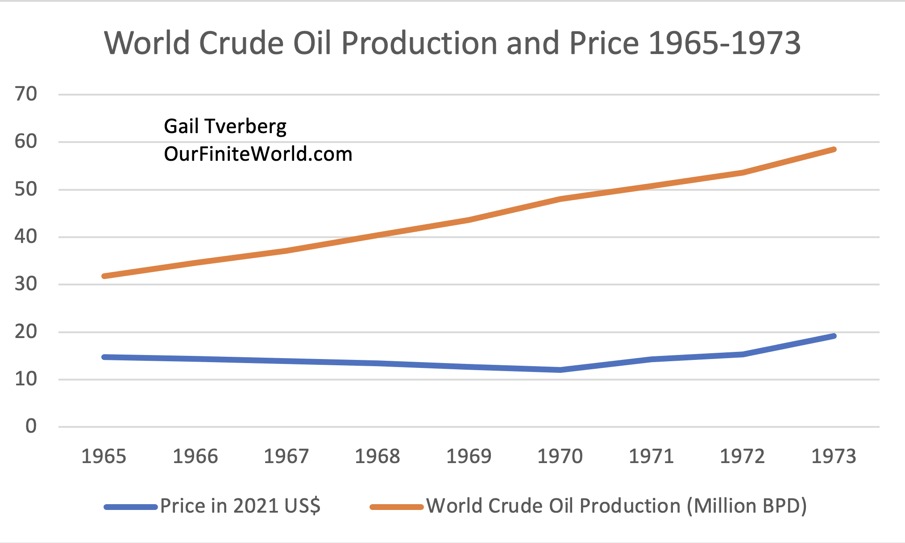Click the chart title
coord(452,43)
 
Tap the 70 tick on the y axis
coord(26,94)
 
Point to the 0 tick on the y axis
coord(31,426)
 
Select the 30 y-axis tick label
coord(26,284)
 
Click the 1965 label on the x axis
coord(104,456)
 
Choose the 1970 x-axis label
coord(560,456)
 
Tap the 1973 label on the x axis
coord(834,456)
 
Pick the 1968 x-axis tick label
coord(378,456)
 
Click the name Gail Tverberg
coord(225,126)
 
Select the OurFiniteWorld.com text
coord(258,154)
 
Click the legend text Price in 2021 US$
coord(240,506)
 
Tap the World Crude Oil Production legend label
coord(616,506)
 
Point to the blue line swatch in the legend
coord(131,507)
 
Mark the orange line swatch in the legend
coord(397,507)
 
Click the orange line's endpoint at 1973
coord(834,150)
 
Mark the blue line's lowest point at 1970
coord(560,370)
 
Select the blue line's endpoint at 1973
coord(834,336)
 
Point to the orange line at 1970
coord(560,199)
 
